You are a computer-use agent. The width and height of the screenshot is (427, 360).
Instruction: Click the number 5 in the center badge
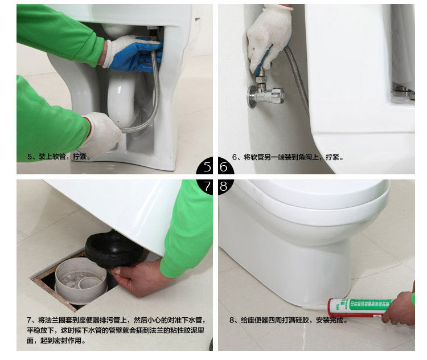pos(207,167)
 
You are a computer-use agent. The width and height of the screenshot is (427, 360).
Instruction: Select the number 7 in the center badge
pos(207,185)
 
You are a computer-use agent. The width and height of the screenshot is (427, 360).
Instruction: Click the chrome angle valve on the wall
pos(264,94)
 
